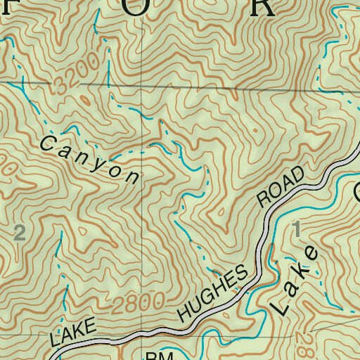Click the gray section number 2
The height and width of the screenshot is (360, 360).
pyautogui.click(x=19, y=233)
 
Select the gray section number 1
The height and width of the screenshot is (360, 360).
pyautogui.click(x=295, y=228)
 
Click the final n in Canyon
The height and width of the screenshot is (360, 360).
pyautogui.click(x=131, y=176)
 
